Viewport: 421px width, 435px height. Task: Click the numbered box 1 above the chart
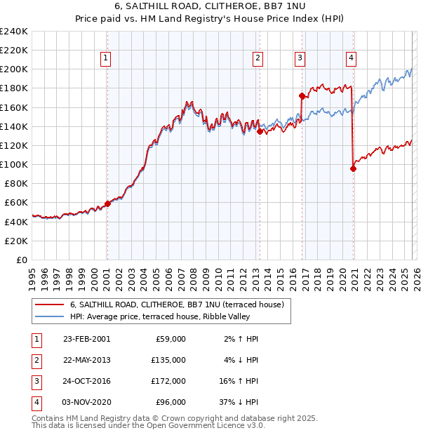[106, 58]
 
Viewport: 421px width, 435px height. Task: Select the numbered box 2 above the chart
[258, 58]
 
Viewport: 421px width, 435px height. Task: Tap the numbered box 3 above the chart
[300, 58]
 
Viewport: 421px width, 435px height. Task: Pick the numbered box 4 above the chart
[351, 58]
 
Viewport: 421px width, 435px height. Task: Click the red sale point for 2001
[107, 203]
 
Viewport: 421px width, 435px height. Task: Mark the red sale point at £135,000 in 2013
[260, 131]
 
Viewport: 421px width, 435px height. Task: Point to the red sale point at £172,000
[302, 96]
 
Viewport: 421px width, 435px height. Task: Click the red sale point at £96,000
[353, 168]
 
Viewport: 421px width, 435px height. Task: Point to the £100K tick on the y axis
[14, 164]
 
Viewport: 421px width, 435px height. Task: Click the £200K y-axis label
[14, 69]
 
